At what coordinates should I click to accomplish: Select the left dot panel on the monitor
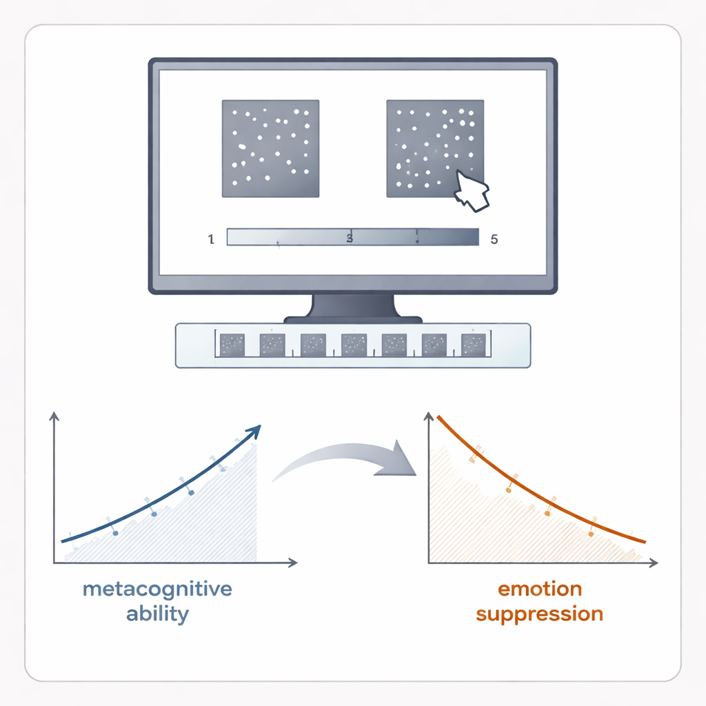(x=270, y=148)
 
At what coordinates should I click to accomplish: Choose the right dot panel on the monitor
(x=434, y=148)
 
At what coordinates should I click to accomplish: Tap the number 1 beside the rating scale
(x=210, y=239)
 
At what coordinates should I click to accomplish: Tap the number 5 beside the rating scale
(x=494, y=239)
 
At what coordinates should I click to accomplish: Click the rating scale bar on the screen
(x=352, y=237)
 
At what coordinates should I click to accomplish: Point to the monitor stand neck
(x=353, y=305)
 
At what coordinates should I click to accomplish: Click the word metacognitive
(x=157, y=589)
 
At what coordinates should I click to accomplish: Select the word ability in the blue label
(x=157, y=614)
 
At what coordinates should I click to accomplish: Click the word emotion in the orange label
(x=540, y=589)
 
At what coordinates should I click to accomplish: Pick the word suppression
(x=540, y=614)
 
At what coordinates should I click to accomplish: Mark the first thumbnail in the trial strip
(x=232, y=344)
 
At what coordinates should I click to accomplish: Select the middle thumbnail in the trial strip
(x=354, y=344)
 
